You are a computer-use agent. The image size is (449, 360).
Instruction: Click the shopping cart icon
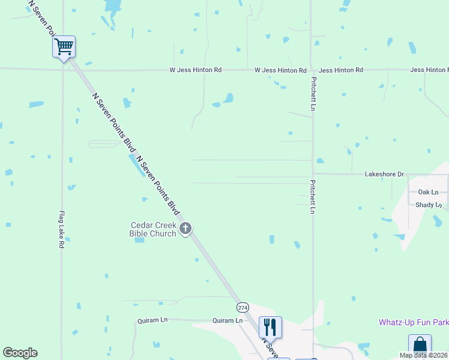click(x=64, y=46)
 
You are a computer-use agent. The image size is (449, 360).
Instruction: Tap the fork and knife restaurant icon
click(x=270, y=326)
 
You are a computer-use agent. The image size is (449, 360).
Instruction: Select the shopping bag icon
click(x=420, y=345)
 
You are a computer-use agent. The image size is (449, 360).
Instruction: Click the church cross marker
click(x=185, y=228)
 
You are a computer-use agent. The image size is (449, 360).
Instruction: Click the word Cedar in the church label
click(x=144, y=226)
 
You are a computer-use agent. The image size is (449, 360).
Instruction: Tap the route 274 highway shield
click(x=243, y=307)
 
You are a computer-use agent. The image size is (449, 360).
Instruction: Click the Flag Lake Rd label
click(x=61, y=230)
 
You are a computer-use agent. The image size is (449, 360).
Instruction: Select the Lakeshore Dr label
click(x=384, y=174)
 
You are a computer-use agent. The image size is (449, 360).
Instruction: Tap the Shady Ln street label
click(x=429, y=205)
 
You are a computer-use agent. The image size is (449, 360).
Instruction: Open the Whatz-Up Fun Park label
click(x=414, y=322)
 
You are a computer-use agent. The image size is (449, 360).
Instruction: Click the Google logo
click(x=20, y=353)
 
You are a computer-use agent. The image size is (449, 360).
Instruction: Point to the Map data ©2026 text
click(x=423, y=355)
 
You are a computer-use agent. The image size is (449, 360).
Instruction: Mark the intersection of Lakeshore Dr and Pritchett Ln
click(x=312, y=174)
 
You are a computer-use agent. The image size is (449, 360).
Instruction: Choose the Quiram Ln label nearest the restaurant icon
click(x=228, y=320)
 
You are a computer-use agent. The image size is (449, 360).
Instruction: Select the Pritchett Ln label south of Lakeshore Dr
click(x=312, y=196)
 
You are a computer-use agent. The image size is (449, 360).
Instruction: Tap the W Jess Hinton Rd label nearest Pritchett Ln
click(x=280, y=70)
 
